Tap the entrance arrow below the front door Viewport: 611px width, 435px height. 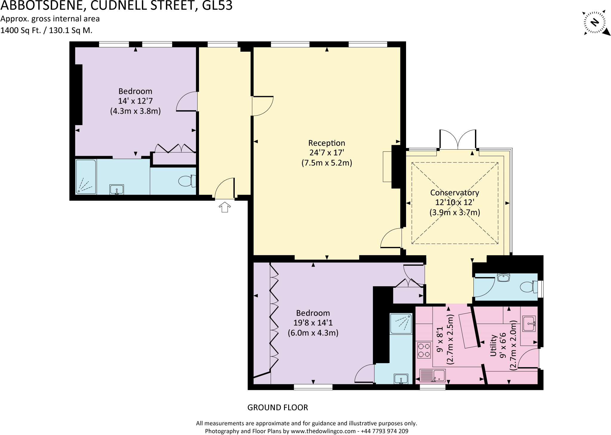pyautogui.click(x=225, y=207)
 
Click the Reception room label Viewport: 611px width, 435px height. pyautogui.click(x=327, y=143)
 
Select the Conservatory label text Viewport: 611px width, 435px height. pyautogui.click(x=454, y=193)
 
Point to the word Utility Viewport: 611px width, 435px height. pyautogui.click(x=493, y=345)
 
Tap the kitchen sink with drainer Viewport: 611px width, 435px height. pyautogui.click(x=432, y=376)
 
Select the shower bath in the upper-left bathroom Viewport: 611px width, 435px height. pyautogui.click(x=86, y=177)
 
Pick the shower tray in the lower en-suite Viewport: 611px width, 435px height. pyautogui.click(x=401, y=323)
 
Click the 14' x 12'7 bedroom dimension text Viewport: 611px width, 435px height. pyautogui.click(x=135, y=101)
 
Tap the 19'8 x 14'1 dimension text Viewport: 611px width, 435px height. pyautogui.click(x=313, y=323)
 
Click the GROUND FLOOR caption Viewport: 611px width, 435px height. pyautogui.click(x=277, y=408)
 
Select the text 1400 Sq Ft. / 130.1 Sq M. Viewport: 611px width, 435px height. pyautogui.click(x=47, y=30)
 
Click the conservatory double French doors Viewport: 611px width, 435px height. pyautogui.click(x=458, y=140)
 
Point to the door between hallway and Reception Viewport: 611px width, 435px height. pyautogui.click(x=263, y=106)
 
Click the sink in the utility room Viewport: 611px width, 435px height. pyautogui.click(x=529, y=324)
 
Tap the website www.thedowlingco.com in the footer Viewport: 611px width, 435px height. pyautogui.click(x=323, y=431)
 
